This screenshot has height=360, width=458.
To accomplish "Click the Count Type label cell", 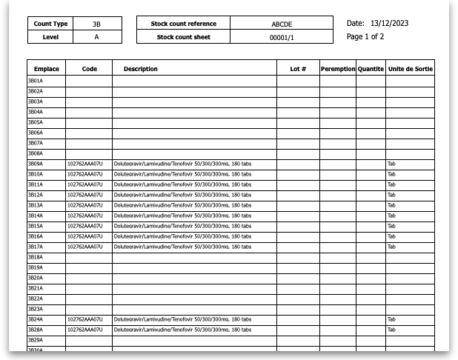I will [50, 24].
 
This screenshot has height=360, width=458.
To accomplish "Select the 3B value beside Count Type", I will [96, 24].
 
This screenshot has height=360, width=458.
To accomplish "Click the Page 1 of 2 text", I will [365, 36].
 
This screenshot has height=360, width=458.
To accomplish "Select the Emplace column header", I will [46, 69].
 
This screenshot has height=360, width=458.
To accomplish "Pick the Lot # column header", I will [298, 69].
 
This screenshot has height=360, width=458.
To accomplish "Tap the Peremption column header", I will [338, 69].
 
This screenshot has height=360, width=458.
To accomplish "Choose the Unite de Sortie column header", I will [411, 69].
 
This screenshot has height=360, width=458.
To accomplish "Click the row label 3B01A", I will [36, 80].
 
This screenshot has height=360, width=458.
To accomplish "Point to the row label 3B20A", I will [36, 277].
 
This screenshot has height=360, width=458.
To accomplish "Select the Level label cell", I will [50, 37].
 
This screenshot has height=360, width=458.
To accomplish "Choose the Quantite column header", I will [371, 69].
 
